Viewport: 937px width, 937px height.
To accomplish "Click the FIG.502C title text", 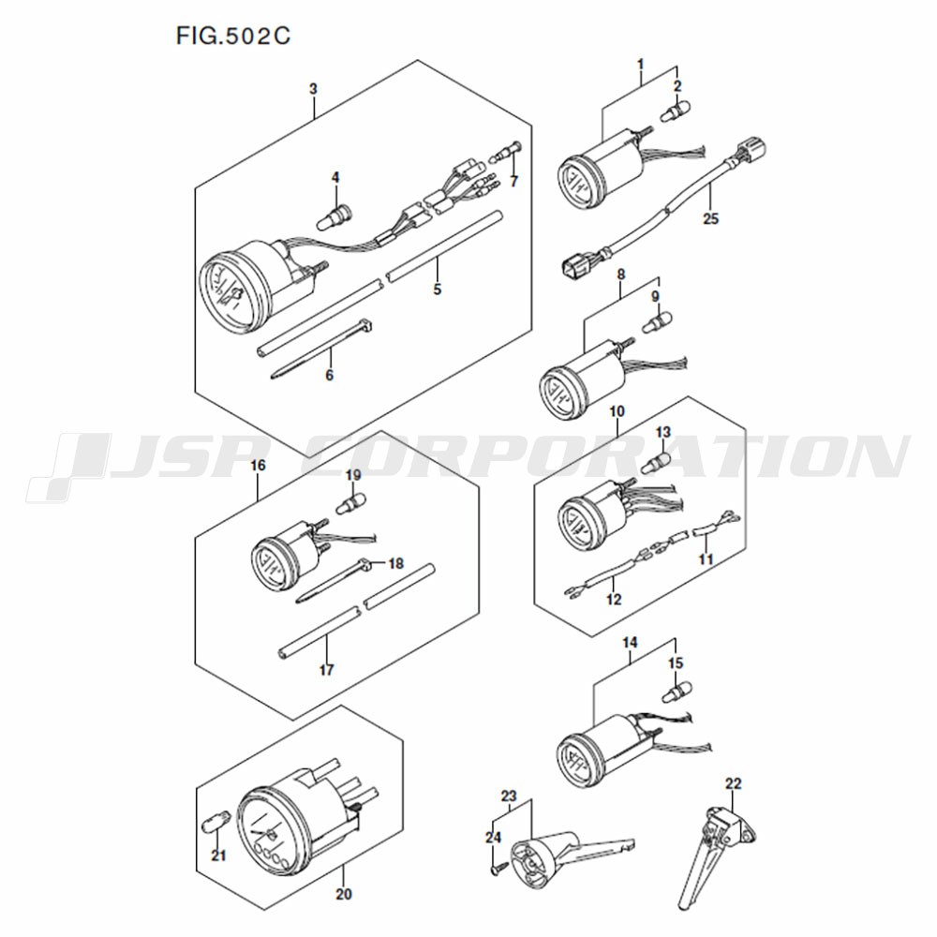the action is tap(233, 36).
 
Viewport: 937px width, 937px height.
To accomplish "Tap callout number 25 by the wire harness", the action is tap(710, 218).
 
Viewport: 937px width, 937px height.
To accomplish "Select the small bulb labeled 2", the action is tap(676, 111).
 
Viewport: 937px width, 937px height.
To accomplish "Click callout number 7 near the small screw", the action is tap(513, 181).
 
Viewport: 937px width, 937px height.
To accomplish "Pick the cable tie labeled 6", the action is tap(320, 349).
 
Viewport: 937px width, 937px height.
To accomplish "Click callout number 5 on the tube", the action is tap(438, 290).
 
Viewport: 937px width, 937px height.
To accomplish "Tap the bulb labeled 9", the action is tap(657, 321).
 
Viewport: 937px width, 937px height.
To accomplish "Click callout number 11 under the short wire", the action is tap(706, 559).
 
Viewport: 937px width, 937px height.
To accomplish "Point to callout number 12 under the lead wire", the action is tap(614, 600).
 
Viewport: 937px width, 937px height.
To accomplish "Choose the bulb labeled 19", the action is tap(351, 503).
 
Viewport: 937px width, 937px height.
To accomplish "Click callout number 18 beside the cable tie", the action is tap(395, 563).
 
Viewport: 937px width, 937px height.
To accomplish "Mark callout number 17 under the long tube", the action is tap(326, 670).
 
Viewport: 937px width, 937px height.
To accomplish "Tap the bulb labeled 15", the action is tap(676, 692).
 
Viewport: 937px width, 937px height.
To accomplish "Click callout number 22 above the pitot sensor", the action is tap(734, 782).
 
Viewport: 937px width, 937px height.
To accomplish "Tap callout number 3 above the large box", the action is tap(313, 89).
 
